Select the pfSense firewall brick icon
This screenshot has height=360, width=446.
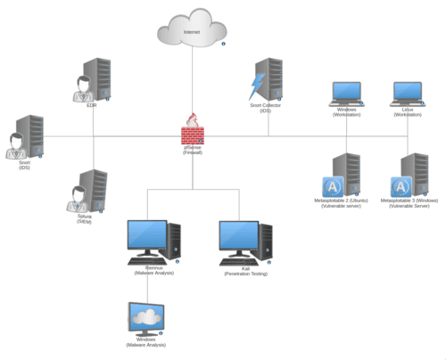click(192, 132)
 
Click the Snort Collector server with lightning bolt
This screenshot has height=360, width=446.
click(267, 80)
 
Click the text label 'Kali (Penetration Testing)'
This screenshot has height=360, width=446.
click(244, 272)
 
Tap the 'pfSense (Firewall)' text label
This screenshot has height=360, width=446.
click(193, 151)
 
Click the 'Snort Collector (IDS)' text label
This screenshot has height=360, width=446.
click(266, 107)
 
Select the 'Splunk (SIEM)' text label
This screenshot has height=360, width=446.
click(85, 219)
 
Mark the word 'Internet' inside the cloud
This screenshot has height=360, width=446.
click(192, 32)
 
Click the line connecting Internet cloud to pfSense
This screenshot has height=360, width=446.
click(192, 85)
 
